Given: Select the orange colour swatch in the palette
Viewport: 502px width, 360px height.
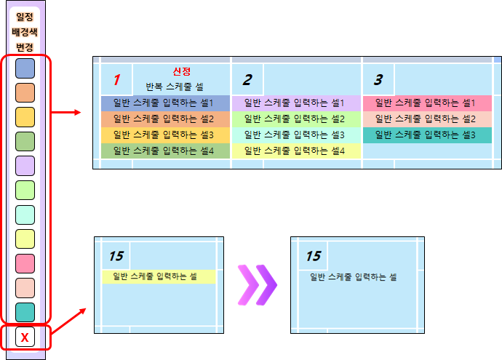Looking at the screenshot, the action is coord(25,92).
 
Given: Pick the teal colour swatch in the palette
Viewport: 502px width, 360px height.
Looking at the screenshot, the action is coord(25,312).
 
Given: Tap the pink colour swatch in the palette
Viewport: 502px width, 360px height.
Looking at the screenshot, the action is coord(25,263).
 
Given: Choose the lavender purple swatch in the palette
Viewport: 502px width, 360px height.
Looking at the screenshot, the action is coord(25,166).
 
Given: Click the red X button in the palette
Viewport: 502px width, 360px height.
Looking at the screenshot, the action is coord(25,337).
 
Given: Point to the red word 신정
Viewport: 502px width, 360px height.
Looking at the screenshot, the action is coord(181,71).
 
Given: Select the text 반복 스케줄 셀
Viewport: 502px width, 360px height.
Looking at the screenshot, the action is coord(175,86).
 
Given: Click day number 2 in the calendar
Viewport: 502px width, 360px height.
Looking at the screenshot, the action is coord(247,79).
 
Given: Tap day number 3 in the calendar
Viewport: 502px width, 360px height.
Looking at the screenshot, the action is coord(378,79).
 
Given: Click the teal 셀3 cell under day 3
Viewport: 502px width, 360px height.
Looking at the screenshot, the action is coord(426,135).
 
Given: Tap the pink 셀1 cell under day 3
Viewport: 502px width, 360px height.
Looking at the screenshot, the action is coord(426,103).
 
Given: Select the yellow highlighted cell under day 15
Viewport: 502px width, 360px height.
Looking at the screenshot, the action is coord(159,276).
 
